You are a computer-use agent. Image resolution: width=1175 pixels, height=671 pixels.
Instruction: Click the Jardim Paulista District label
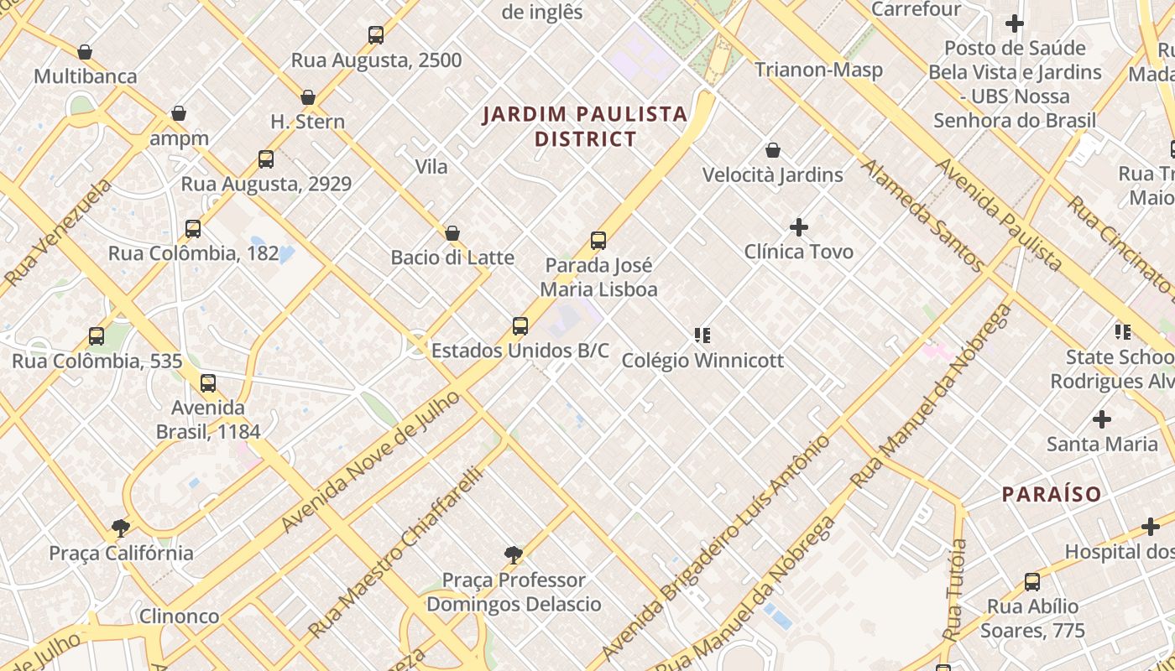click(585, 127)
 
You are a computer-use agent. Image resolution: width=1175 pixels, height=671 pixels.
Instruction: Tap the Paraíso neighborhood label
click(1052, 494)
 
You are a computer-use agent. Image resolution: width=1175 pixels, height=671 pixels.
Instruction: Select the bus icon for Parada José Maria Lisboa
click(598, 241)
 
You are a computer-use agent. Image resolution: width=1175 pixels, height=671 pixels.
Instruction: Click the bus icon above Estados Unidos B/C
click(520, 326)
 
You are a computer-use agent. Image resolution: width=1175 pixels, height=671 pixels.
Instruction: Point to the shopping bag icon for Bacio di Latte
click(452, 233)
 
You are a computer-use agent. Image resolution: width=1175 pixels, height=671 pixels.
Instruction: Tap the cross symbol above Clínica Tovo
click(799, 227)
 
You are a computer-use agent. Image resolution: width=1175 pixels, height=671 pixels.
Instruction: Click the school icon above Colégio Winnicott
click(702, 335)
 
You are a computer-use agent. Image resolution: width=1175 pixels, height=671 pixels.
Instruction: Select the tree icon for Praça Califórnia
click(121, 528)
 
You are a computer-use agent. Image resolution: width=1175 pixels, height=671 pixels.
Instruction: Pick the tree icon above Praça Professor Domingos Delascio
click(514, 555)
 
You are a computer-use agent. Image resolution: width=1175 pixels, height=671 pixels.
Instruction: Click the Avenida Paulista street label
click(999, 215)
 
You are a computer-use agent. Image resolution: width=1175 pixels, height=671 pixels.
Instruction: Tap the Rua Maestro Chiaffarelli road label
click(396, 553)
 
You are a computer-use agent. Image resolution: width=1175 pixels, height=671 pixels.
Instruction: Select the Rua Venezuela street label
click(57, 232)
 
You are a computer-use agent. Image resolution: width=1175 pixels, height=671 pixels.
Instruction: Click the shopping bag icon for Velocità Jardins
click(773, 151)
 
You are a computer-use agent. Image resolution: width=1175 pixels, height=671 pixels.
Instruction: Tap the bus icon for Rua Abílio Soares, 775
click(1032, 582)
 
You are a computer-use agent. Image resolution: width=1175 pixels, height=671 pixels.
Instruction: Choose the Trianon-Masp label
click(818, 70)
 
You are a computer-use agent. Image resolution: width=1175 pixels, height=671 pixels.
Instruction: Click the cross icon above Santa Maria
click(1102, 419)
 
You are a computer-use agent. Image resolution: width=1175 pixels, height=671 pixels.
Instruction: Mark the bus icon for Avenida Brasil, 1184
click(208, 383)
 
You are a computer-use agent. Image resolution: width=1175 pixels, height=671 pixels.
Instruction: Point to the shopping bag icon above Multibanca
click(85, 52)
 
